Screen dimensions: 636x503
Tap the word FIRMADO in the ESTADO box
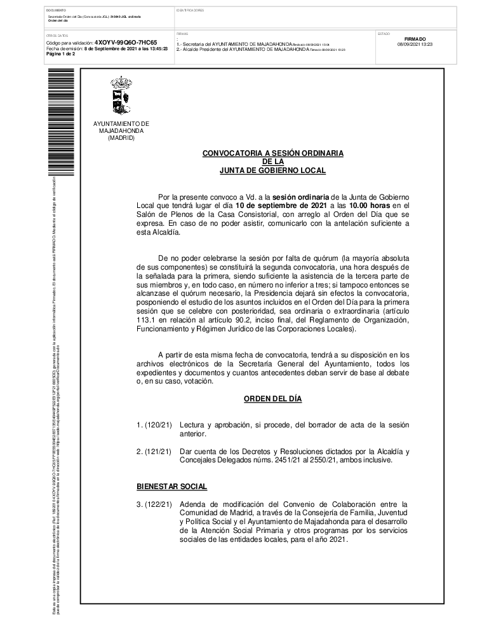point(415,39)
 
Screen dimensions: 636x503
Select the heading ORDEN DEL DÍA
point(272,399)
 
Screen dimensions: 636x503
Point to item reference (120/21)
point(157,424)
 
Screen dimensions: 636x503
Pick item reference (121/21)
point(157,452)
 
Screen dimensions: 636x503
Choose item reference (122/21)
point(157,504)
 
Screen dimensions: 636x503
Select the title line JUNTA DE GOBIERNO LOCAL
point(272,170)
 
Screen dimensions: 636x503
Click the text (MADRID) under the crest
point(121,137)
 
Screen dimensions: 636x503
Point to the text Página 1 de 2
point(60,54)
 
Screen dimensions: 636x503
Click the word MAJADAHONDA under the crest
point(121,130)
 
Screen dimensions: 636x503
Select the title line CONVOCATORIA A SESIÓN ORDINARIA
point(272,153)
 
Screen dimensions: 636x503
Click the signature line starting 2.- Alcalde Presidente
point(241,49)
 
